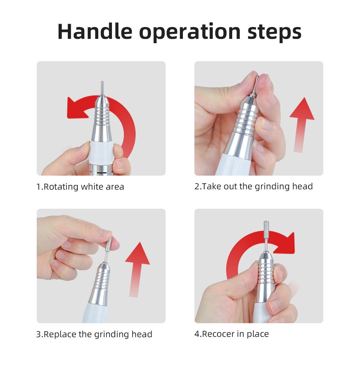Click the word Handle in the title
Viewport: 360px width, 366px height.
pyautogui.click(x=95, y=32)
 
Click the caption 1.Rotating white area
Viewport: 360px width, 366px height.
pyautogui.click(x=80, y=187)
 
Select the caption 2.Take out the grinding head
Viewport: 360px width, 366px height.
pyautogui.click(x=253, y=186)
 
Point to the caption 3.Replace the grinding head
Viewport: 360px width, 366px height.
pyautogui.click(x=94, y=334)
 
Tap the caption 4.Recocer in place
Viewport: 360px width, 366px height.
pyautogui.click(x=231, y=334)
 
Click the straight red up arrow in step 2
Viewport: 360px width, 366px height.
pyautogui.click(x=301, y=125)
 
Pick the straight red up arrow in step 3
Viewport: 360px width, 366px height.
pyautogui.click(x=137, y=270)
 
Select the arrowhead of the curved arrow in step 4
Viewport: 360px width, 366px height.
pyautogui.click(x=286, y=243)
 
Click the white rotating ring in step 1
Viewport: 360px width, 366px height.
pyautogui.click(x=102, y=152)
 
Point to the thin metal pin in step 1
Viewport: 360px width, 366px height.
pyautogui.click(x=102, y=88)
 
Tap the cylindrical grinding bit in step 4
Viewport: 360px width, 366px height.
pyautogui.click(x=266, y=229)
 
